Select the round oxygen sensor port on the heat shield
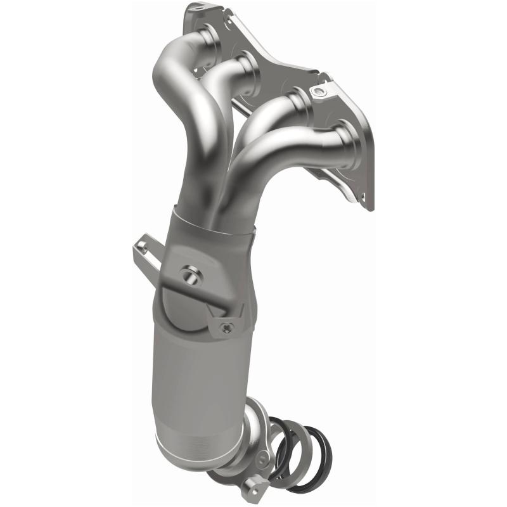tap(188, 275)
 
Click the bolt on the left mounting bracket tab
tap(145, 248)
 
